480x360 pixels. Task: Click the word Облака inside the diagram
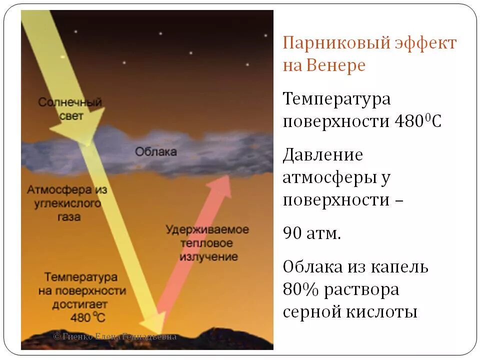coord(155,151)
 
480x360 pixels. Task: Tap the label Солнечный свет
coord(70,108)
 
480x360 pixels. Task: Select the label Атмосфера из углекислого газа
coord(66,203)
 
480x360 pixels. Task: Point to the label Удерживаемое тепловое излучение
coord(207,243)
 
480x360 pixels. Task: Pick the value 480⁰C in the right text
coord(417,121)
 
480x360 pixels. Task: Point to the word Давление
coord(323,155)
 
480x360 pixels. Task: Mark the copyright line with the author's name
coord(115,336)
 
